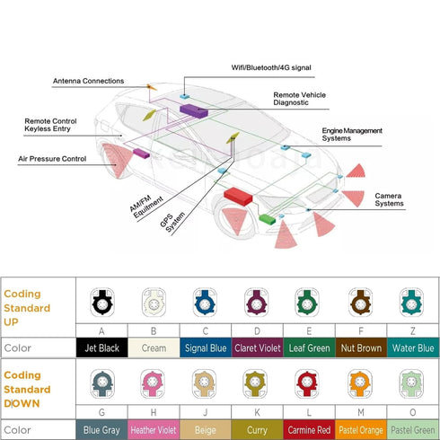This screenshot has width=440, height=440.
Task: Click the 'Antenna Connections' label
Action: pos(88,81)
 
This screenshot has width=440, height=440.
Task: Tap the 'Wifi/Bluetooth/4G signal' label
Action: pos(271,67)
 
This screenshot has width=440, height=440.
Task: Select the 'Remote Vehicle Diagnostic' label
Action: pos(299,99)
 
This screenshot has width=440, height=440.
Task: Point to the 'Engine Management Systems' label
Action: pos(352,135)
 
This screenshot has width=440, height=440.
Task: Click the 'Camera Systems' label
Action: pos(389,199)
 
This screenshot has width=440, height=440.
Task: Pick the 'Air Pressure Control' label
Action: pos(52,159)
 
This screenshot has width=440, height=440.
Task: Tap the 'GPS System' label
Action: pos(172,222)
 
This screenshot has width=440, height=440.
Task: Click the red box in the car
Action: pos(238,196)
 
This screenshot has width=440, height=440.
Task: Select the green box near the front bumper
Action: pos(267,219)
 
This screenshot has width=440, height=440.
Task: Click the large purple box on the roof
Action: pos(194,110)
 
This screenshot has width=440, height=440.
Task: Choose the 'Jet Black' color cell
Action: pos(101,348)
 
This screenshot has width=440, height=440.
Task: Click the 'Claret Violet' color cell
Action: pos(257,348)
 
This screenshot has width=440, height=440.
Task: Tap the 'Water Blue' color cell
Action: pos(413,348)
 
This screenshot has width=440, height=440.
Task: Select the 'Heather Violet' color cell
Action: pos(154,430)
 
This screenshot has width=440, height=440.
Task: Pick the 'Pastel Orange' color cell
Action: pos(361,430)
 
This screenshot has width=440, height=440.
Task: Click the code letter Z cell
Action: pos(413,330)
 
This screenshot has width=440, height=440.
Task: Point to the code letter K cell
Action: pos(257,412)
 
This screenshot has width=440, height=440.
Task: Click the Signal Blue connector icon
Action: pos(205,303)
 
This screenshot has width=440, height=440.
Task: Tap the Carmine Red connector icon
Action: pos(307,383)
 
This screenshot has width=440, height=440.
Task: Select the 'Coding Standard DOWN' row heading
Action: pos(27,389)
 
